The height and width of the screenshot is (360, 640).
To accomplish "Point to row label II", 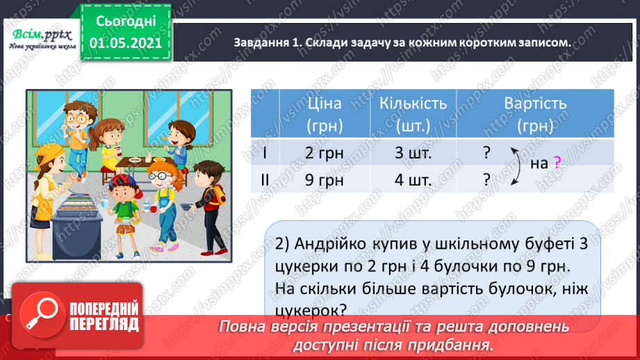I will [263, 180].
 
